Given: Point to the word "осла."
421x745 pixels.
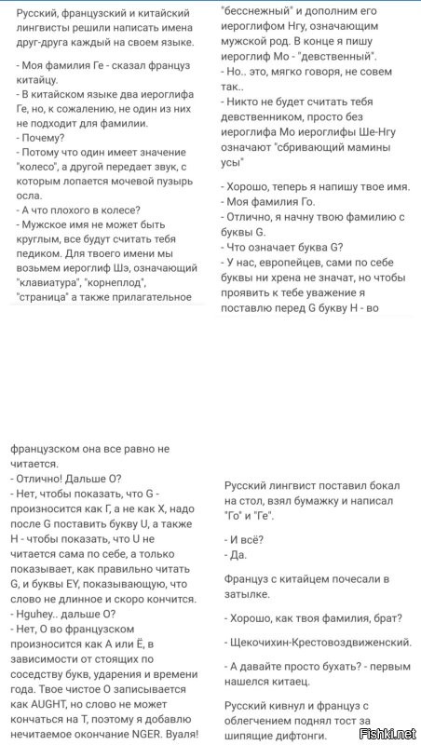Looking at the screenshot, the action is [x=31, y=196].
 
